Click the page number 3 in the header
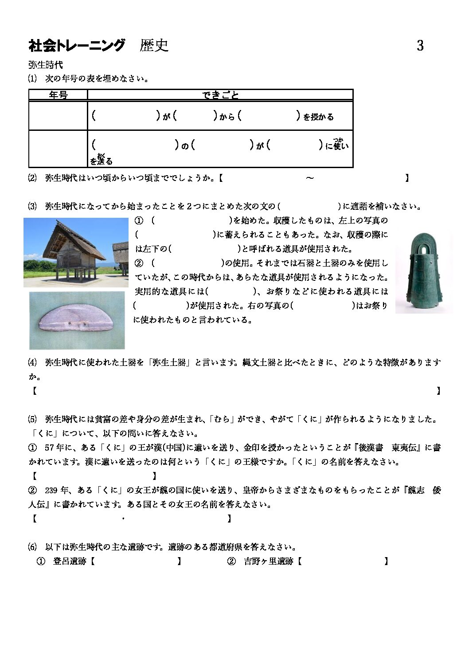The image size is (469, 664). [420, 45]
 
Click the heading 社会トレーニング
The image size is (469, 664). [77, 45]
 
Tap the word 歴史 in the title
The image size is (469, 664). [154, 45]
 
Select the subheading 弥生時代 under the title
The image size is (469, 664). [45, 65]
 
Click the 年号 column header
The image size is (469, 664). [58, 94]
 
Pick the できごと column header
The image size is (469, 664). [220, 94]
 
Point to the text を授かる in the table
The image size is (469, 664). [318, 117]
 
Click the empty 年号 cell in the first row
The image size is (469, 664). [58, 116]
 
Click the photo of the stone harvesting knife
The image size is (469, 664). [77, 321]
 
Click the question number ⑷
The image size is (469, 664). [32, 362]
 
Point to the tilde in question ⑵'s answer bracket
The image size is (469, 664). [310, 178]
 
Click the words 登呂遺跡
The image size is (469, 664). [69, 562]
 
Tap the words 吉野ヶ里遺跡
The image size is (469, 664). [269, 562]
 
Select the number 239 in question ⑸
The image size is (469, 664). [51, 490]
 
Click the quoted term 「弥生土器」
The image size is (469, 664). [168, 362]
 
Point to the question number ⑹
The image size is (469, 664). [32, 547]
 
